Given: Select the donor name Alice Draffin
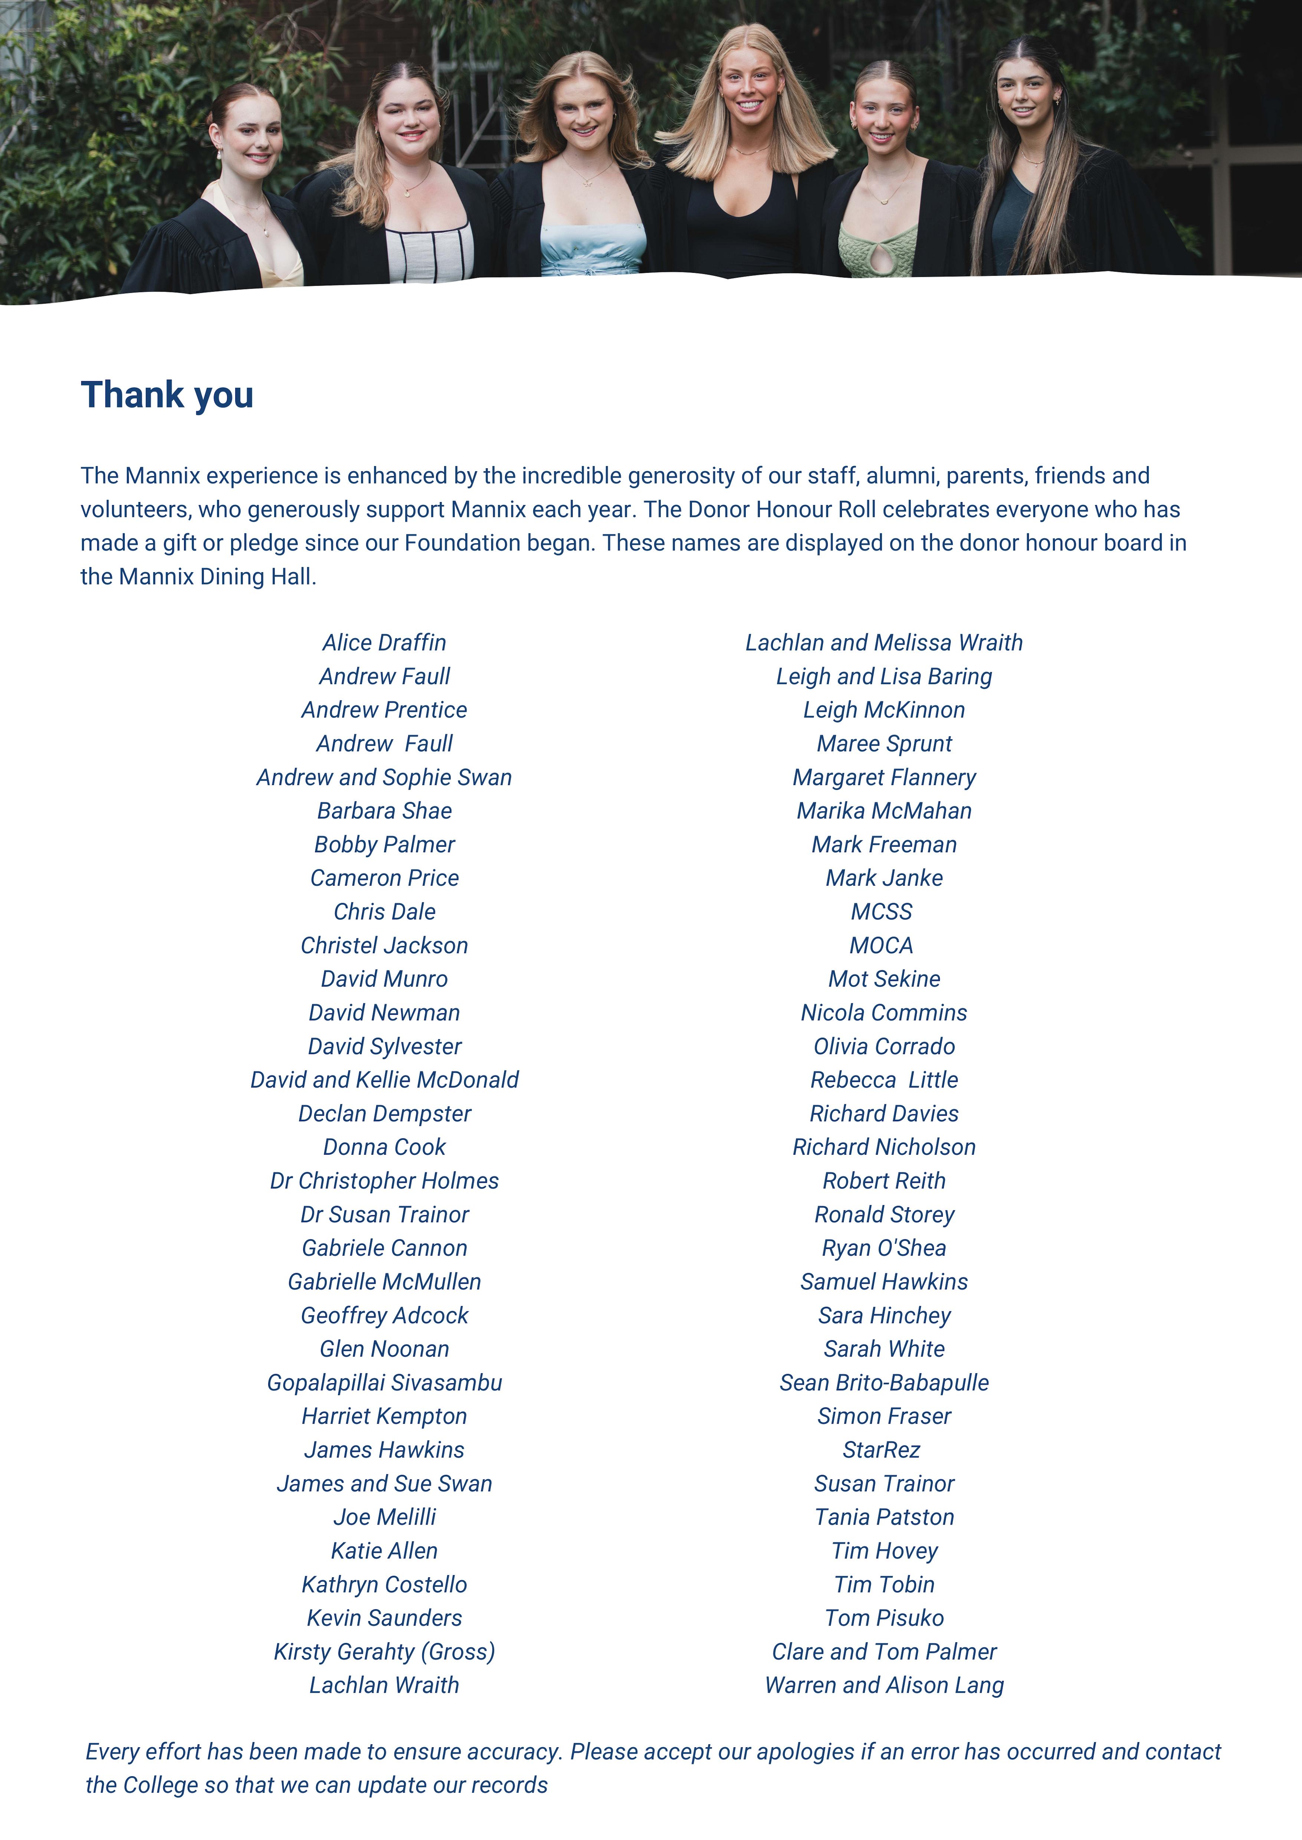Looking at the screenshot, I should (x=384, y=643).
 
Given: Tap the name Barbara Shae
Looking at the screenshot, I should (x=384, y=811).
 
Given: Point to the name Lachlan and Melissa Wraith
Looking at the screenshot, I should (x=883, y=643).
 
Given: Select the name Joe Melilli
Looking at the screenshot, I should (x=384, y=1518).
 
